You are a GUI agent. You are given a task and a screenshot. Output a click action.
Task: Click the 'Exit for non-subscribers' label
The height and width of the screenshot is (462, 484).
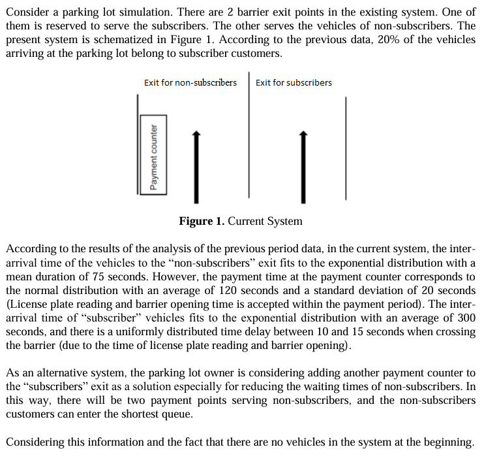tap(190, 82)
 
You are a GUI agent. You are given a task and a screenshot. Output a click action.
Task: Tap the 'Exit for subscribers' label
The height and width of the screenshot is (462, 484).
tap(294, 82)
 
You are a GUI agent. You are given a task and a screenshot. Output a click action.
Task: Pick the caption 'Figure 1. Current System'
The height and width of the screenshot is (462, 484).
tap(241, 221)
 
